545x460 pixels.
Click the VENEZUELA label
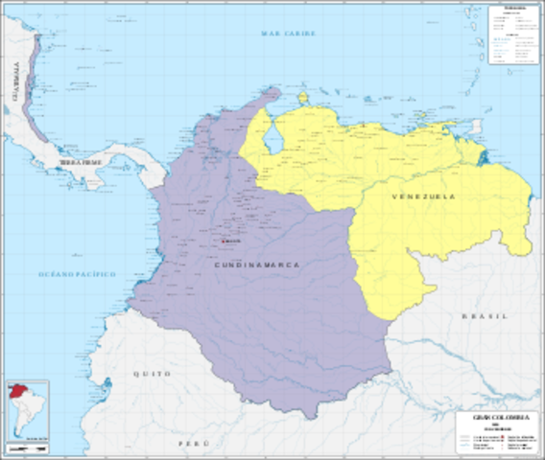[x=422, y=196]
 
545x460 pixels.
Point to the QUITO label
[x=153, y=373]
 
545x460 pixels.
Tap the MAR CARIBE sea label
[x=289, y=34]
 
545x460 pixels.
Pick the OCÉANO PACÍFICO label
[x=77, y=274]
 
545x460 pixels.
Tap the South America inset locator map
[x=27, y=410]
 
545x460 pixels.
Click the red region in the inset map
[x=17, y=392]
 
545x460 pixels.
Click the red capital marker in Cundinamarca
[x=224, y=241]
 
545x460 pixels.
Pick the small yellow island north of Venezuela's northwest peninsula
[x=303, y=98]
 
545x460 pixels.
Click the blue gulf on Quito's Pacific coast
[x=108, y=386]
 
